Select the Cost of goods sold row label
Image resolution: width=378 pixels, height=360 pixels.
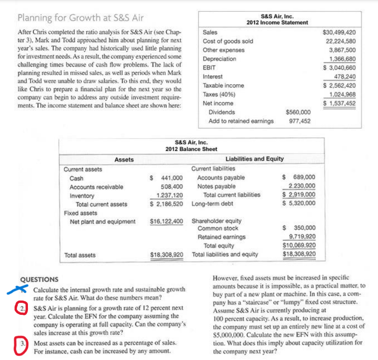click(x=228, y=41)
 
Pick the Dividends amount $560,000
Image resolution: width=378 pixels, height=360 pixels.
click(x=298, y=112)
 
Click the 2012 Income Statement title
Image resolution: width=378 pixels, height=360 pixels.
click(x=277, y=23)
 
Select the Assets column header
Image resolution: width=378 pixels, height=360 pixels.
click(x=124, y=159)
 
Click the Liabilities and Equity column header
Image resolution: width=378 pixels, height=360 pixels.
click(x=255, y=159)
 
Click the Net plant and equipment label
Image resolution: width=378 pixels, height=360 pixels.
click(x=103, y=222)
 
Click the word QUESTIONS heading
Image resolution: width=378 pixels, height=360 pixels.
click(x=40, y=280)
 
